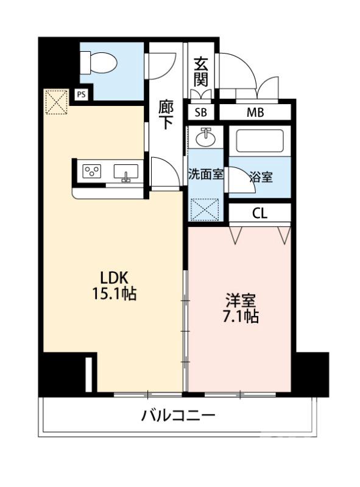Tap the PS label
pyautogui.click(x=81, y=94)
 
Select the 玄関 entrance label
pyautogui.click(x=200, y=72)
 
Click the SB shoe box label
pyautogui.click(x=200, y=113)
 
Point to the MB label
pyautogui.click(x=255, y=113)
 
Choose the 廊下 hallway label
pyautogui.click(x=166, y=114)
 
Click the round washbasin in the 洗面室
pyautogui.click(x=205, y=136)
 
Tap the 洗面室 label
pyautogui.click(x=205, y=173)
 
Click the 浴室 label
pyautogui.click(x=261, y=177)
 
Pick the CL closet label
pyautogui.click(x=259, y=213)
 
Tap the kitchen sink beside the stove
pyautogui.click(x=127, y=172)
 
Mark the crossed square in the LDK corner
pyautogui.click(x=55, y=102)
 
